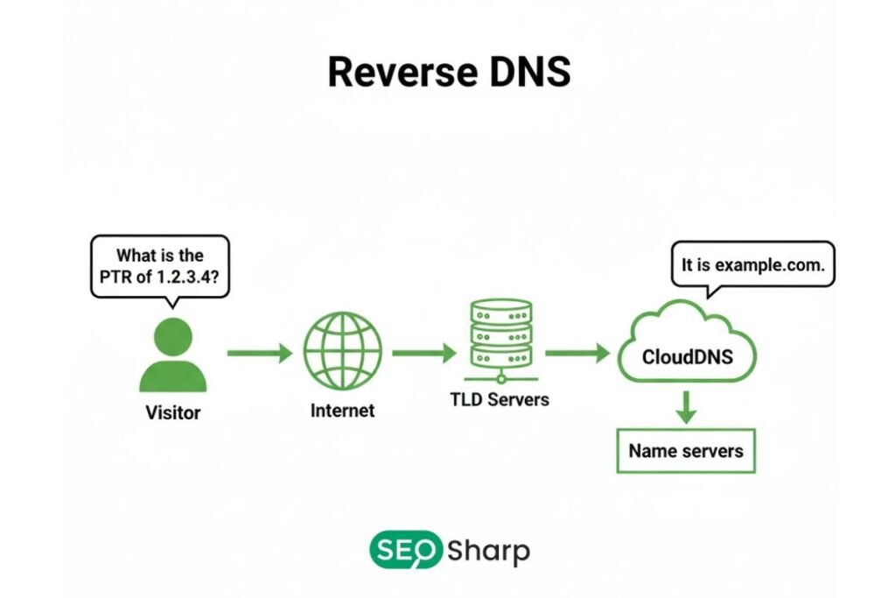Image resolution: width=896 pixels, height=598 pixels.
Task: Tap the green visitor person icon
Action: [x=172, y=355]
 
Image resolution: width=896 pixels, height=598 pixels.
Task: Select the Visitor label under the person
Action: [x=172, y=412]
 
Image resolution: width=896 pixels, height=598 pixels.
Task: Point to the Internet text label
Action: [x=342, y=410]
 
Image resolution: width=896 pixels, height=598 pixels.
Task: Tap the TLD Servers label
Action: [x=500, y=399]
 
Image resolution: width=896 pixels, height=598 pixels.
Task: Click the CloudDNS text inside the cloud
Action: [x=687, y=356]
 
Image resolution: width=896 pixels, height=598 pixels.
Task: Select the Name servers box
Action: [x=685, y=451]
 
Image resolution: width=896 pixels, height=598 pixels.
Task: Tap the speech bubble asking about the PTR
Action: [x=160, y=266]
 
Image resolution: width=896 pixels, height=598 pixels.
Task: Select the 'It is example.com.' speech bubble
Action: [x=752, y=264]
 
